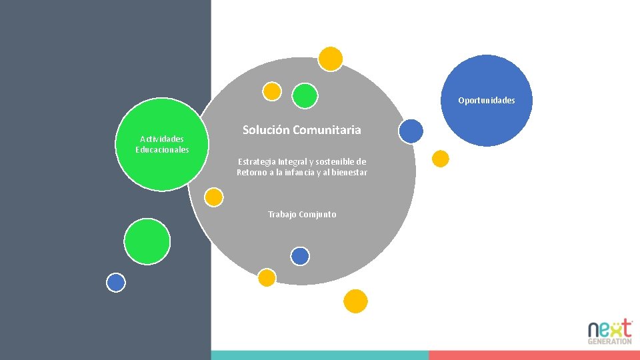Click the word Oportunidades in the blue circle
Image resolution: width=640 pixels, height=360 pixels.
click(486, 101)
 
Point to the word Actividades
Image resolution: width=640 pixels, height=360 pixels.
click(162, 139)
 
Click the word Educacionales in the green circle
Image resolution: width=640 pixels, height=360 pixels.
click(162, 149)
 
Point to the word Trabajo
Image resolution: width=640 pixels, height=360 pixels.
click(282, 215)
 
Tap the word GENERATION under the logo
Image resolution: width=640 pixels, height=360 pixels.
click(609, 341)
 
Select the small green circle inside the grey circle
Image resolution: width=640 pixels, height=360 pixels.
click(305, 95)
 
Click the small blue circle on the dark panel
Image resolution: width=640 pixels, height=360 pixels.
click(116, 283)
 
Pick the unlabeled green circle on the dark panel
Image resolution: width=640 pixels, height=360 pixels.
click(147, 241)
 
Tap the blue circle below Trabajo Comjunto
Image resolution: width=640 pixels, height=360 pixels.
click(300, 256)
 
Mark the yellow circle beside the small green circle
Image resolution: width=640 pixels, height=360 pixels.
click(272, 91)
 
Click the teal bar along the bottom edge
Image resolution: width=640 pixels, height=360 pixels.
click(320, 355)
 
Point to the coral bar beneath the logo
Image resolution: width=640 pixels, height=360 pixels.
click(533, 355)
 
